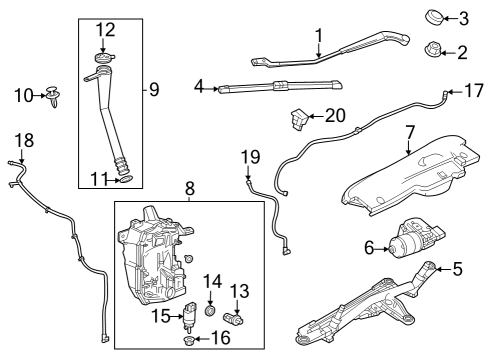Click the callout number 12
(106, 30)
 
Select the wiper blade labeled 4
(280, 86)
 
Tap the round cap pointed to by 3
(434, 17)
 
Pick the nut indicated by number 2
(433, 49)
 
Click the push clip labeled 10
(53, 96)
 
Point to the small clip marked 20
(299, 119)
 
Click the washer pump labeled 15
(190, 317)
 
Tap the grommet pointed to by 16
(189, 340)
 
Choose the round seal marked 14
(210, 311)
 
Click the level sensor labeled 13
(233, 319)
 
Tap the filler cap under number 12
(104, 57)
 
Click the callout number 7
(409, 132)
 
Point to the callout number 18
(24, 140)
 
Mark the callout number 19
(250, 157)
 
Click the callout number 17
(474, 91)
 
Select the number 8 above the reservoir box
(190, 189)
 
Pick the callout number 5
(458, 269)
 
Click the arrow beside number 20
(316, 116)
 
